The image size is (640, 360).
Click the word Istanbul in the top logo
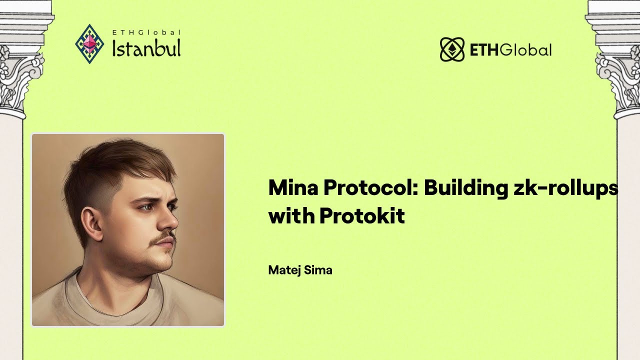coord(146,48)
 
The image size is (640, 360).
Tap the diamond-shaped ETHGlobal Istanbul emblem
coord(89,43)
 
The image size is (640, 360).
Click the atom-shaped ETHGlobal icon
coord(452,49)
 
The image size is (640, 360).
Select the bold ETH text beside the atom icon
coord(484,50)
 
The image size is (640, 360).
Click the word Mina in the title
coord(293,187)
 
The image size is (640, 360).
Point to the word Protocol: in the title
coord(370,187)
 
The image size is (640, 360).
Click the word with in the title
coord(291,215)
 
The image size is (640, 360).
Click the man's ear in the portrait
coord(91,222)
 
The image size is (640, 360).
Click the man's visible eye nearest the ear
coord(146,207)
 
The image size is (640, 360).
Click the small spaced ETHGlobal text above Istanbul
coord(146,32)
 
